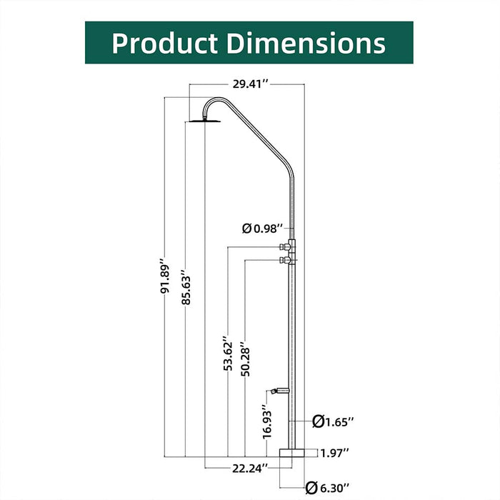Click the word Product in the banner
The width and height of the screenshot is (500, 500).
click(x=164, y=43)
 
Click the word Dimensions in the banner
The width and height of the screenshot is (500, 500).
click(x=306, y=43)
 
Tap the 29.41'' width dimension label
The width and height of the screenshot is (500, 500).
click(x=251, y=84)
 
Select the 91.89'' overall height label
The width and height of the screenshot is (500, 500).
click(x=164, y=279)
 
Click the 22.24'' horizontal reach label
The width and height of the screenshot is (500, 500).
click(x=250, y=469)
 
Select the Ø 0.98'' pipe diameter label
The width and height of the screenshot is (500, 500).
click(x=262, y=229)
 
